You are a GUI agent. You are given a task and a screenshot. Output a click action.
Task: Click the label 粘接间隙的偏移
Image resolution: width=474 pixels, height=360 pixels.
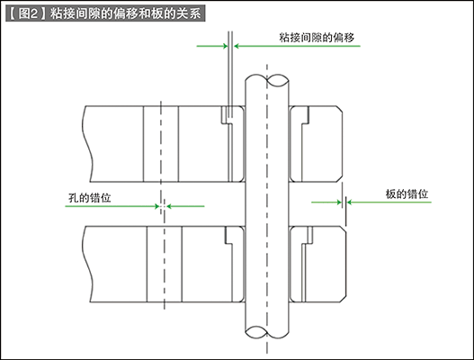tap(317, 38)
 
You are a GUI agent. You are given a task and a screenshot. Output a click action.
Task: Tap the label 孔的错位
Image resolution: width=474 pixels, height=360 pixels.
tap(89, 198)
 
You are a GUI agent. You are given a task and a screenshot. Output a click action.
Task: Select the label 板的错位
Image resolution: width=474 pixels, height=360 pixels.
tap(407, 193)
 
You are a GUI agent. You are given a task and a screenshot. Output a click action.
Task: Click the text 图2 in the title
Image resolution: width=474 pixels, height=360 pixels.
tap(28, 13)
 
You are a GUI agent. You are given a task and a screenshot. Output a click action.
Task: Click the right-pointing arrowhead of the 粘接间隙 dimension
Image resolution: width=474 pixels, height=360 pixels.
tap(225, 46)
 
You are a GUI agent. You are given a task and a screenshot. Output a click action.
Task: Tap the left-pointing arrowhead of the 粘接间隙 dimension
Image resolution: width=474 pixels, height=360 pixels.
tap(237, 46)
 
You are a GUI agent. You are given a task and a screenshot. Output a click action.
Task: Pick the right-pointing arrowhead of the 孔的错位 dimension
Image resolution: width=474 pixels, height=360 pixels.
tap(157, 206)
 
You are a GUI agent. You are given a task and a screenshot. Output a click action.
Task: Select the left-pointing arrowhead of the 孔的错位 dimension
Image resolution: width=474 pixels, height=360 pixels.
tap(169, 206)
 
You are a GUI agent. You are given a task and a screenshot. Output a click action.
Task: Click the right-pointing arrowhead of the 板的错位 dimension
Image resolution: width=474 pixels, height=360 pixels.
tap(339, 202)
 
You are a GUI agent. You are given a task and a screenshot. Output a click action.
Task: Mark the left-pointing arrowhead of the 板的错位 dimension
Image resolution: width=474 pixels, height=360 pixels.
tap(350, 202)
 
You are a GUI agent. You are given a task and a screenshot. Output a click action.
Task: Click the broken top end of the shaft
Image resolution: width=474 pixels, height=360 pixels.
tap(266, 80)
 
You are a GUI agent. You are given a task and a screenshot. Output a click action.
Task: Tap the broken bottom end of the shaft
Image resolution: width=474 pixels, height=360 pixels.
tap(266, 332)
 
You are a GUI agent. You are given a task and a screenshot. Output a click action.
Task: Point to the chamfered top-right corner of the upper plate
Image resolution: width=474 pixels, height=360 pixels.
tap(339, 110)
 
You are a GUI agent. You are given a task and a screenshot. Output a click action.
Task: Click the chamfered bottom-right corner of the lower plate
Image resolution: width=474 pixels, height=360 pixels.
tap(343, 298)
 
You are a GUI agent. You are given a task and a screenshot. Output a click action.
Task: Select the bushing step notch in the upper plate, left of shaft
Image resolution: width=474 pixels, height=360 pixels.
tap(226, 115)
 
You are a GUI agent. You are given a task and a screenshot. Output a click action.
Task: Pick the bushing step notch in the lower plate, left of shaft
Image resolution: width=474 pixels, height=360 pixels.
tap(228, 236)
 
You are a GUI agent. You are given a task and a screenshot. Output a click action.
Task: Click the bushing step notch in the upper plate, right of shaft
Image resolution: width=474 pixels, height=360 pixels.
tap(305, 115)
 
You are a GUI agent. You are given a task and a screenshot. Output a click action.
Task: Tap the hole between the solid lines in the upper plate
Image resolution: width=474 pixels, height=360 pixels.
tap(161, 144)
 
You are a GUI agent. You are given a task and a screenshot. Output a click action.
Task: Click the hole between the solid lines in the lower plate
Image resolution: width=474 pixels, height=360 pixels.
tap(165, 264)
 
